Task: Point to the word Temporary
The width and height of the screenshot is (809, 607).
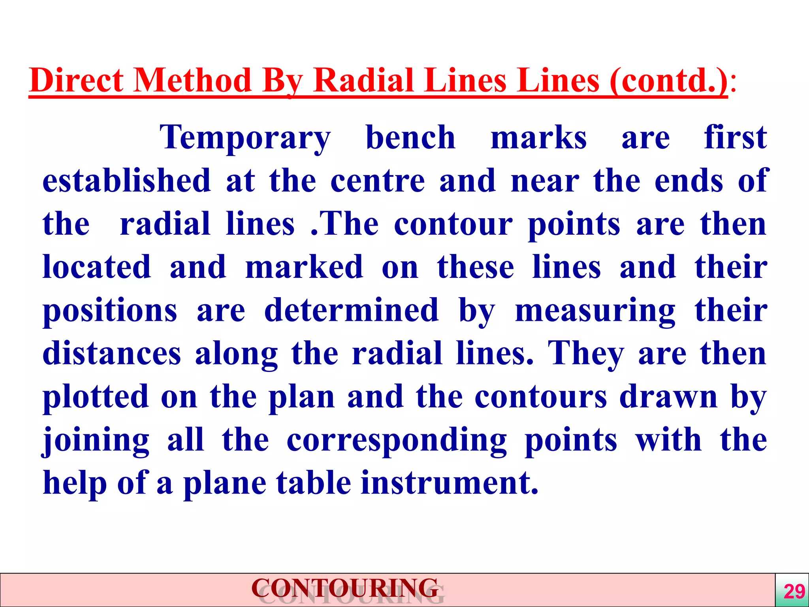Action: click(245, 138)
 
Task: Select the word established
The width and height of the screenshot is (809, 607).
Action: click(126, 181)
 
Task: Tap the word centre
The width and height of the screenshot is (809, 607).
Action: click(378, 181)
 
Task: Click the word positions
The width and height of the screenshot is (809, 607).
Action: click(110, 311)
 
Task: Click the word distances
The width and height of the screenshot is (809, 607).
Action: click(112, 353)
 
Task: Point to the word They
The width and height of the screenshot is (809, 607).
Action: click(586, 354)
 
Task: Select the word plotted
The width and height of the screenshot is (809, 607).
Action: click(96, 397)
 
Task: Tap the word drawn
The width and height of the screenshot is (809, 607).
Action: click(668, 397)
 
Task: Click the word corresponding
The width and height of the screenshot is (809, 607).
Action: click(397, 441)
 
